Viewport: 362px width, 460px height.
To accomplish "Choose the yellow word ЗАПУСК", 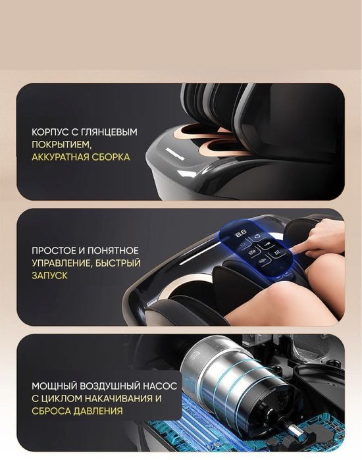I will [49, 276].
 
